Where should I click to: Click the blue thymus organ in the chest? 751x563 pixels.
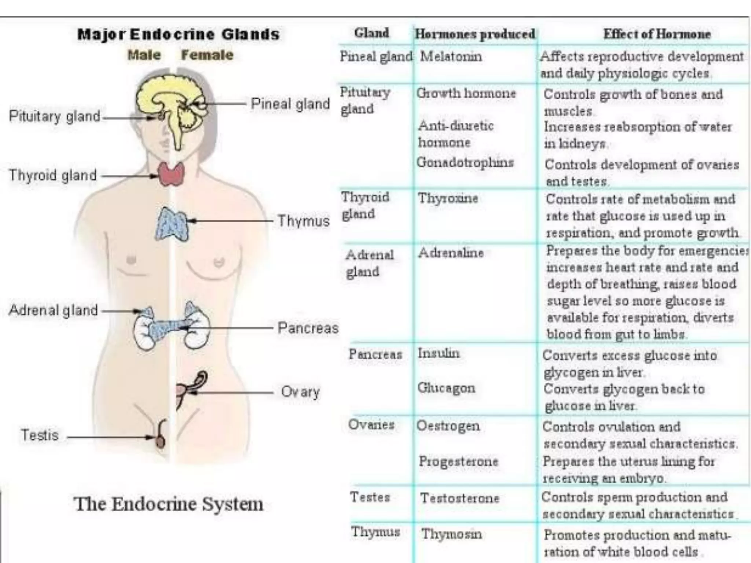pos(171,223)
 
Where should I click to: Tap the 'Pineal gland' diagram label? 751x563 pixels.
pos(290,104)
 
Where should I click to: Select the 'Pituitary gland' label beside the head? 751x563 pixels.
pos(55,116)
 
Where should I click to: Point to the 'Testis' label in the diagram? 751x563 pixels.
pos(40,435)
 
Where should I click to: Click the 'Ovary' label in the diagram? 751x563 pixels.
pos(300,392)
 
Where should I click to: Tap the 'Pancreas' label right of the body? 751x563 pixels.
pos(308,328)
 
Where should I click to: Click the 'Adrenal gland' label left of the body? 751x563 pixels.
pos(53,310)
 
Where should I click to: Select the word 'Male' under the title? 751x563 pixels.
pos(144,55)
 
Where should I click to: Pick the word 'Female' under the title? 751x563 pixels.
pos(207,55)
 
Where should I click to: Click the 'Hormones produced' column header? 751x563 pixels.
pos(475,34)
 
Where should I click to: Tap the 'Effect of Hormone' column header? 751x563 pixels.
pos(657,34)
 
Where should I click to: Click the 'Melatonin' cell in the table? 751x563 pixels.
pos(451,56)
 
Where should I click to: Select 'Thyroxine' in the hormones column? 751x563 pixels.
pos(448,198)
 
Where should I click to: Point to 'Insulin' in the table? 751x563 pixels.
pos(439,353)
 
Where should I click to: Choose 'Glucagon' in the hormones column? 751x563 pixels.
pos(446,388)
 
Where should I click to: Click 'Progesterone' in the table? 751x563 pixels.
pos(458,461)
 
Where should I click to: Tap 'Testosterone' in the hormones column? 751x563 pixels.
pos(460,498)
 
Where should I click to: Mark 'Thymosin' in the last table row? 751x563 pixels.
pos(451,534)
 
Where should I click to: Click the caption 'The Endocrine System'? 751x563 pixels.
pos(169,504)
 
